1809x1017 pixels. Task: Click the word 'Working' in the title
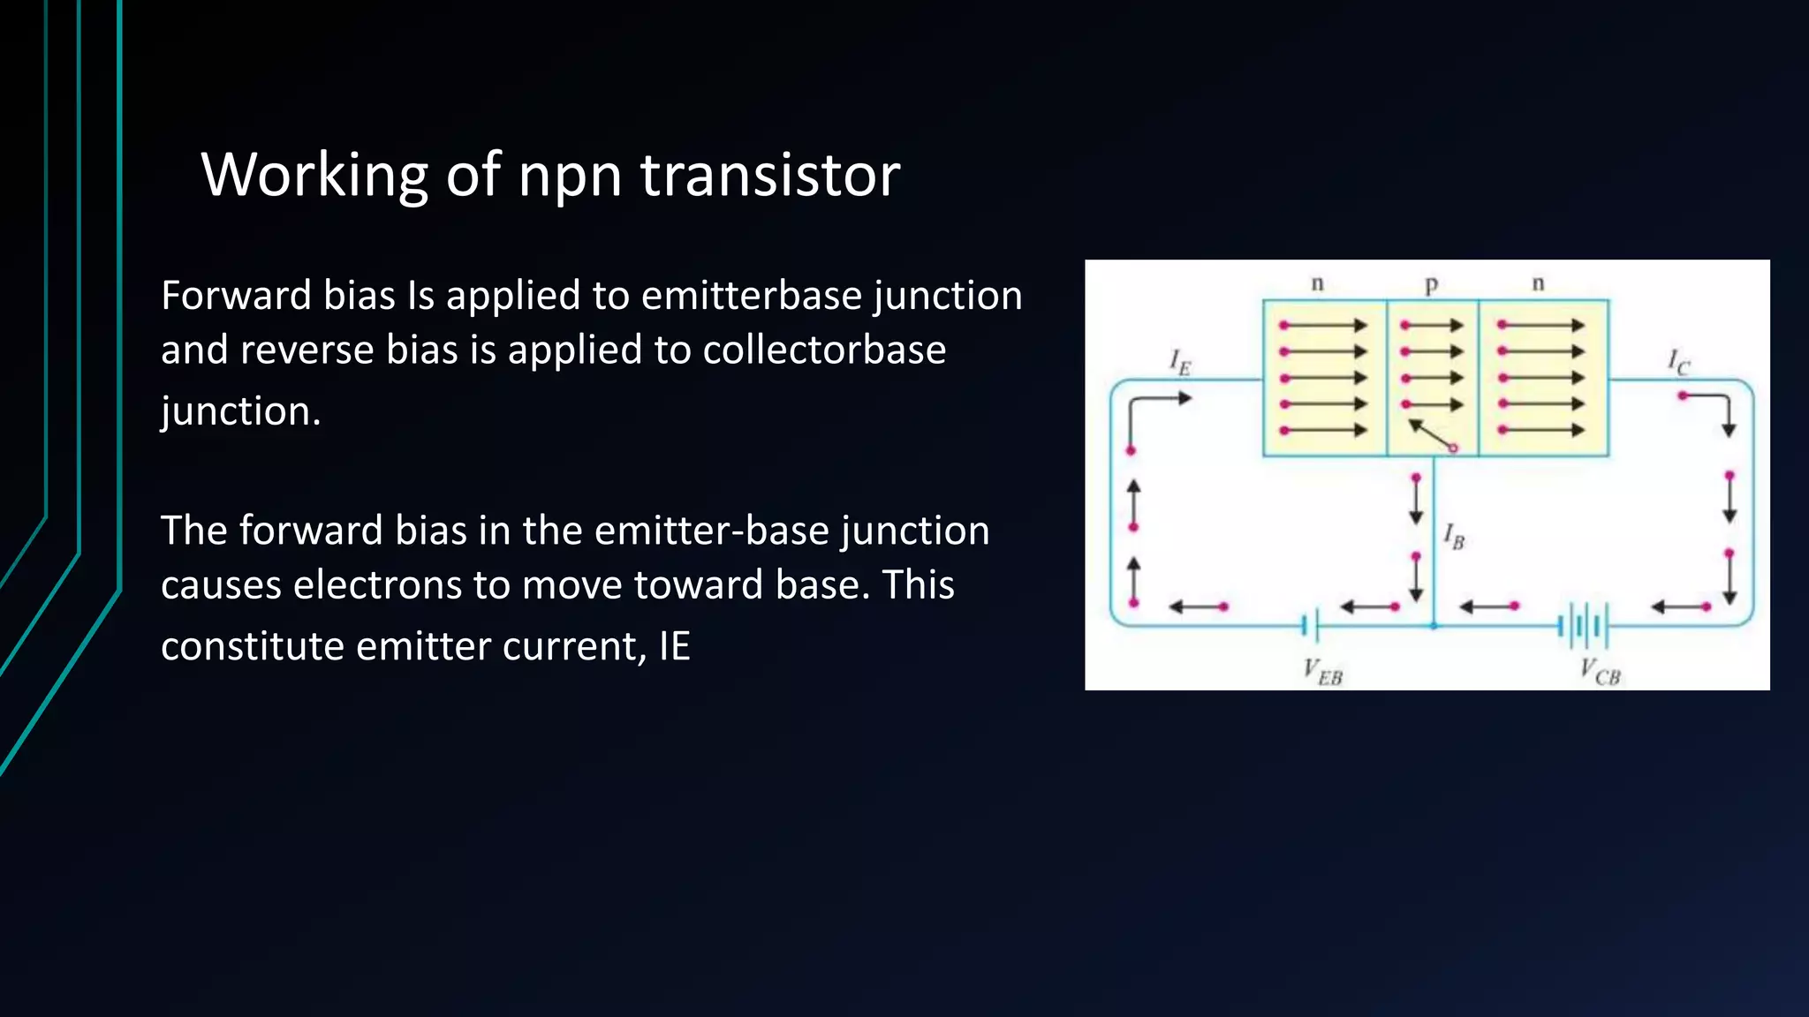point(314,175)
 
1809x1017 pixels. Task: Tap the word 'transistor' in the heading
point(769,175)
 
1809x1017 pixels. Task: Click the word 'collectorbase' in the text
point(824,350)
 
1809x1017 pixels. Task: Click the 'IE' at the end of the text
point(674,646)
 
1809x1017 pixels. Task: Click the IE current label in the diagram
point(1180,362)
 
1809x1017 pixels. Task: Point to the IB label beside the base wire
point(1454,536)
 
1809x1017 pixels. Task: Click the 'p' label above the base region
point(1432,284)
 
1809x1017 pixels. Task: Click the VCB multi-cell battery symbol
point(1583,626)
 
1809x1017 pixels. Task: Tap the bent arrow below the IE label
point(1153,415)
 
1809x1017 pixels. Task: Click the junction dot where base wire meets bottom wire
point(1434,626)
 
